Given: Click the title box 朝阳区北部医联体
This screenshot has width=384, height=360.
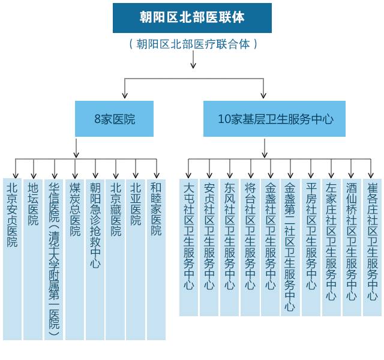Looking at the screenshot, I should pos(192,18).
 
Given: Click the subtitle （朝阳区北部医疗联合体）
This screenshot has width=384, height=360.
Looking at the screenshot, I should pos(193,44).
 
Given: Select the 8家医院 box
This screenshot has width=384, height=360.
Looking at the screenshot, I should pos(114,119).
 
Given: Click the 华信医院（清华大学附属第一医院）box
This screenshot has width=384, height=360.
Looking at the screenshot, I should pos(54,258).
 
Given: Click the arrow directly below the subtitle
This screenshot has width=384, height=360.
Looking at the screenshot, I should pos(193,60).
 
